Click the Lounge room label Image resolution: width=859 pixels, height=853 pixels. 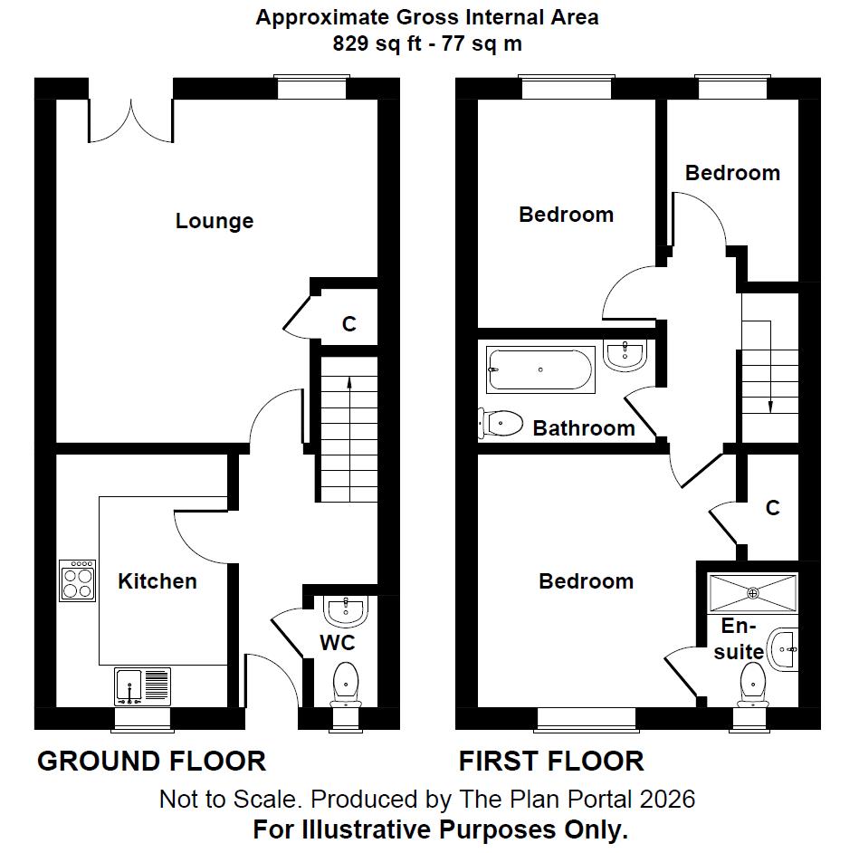click(x=215, y=221)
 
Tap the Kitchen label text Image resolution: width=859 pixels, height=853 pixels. click(x=157, y=581)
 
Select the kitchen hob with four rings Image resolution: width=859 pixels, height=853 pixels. click(x=79, y=580)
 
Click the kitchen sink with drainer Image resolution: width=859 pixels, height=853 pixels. click(x=142, y=685)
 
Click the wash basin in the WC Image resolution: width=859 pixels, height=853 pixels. click(x=345, y=611)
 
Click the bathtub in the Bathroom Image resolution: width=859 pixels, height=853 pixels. click(x=540, y=369)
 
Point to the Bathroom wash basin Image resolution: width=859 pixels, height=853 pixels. click(x=625, y=355)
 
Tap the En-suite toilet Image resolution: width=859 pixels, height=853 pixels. click(x=752, y=684)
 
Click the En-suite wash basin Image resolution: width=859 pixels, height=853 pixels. click(x=784, y=648)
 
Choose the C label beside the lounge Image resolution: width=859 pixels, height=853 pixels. click(x=348, y=324)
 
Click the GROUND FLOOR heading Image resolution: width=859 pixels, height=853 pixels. click(x=151, y=762)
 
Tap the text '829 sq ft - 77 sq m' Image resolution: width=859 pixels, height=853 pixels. click(x=427, y=43)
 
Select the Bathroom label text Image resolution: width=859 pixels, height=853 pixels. click(x=583, y=428)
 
